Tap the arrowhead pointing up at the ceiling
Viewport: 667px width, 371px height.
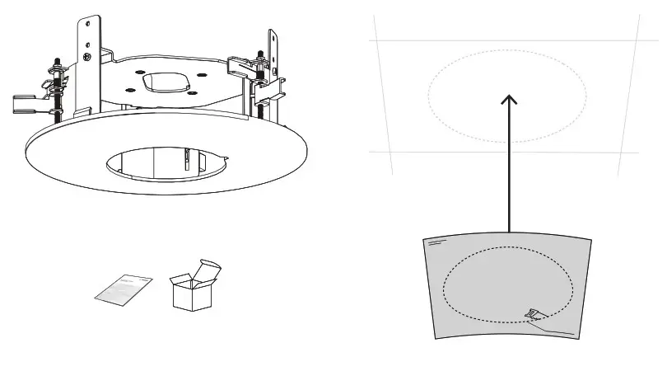pos(510,100)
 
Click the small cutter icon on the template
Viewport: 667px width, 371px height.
pos(533,314)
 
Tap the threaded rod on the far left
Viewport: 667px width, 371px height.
pos(57,91)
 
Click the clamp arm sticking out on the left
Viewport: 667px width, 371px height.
pos(25,104)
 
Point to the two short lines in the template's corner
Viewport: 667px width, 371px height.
pos(436,243)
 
